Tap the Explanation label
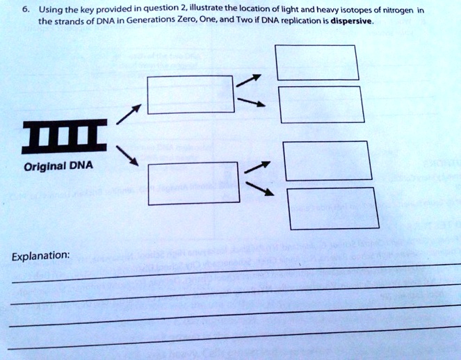[x=40, y=256]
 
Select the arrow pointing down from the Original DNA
[x=127, y=156]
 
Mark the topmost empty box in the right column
[x=317, y=62]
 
